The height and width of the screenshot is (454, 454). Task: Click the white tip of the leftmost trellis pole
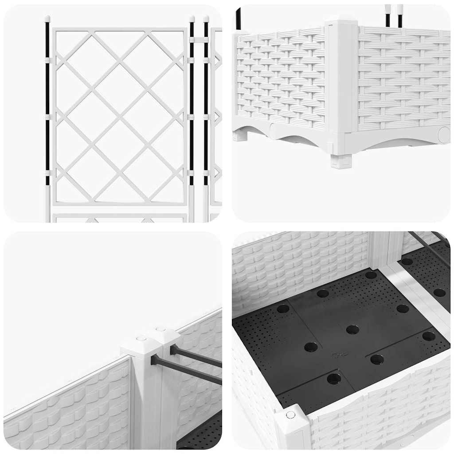(47, 19)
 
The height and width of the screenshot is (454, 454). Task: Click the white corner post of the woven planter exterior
(341, 75)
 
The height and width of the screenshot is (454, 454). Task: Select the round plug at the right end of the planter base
(443, 133)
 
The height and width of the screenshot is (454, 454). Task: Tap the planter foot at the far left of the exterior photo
(240, 135)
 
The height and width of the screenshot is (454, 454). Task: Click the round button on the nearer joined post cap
(141, 339)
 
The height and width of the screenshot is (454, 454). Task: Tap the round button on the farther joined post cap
(160, 329)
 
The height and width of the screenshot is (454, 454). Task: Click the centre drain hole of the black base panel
(352, 329)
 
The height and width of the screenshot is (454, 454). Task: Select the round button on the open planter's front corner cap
(291, 415)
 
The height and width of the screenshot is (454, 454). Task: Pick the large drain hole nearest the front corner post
(334, 379)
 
